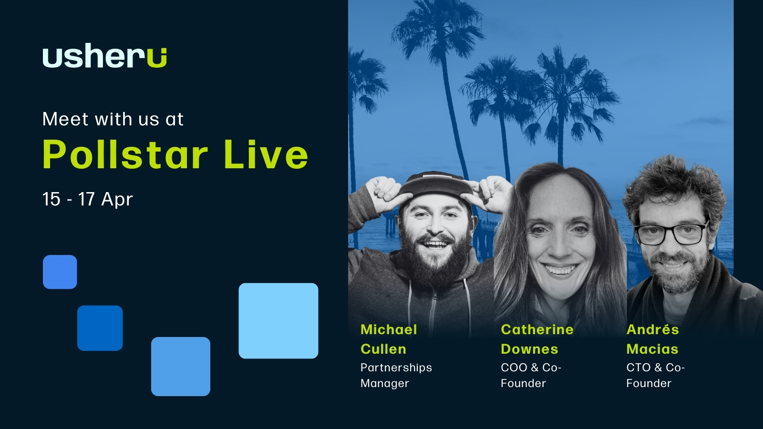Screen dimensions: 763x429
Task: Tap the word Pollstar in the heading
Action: [125, 154]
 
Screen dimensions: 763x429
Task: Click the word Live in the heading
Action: [266, 154]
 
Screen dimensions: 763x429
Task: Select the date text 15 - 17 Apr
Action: [88, 199]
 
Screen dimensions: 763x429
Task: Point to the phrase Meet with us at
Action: [113, 119]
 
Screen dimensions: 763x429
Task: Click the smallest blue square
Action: [60, 272]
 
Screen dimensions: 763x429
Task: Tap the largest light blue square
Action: [278, 321]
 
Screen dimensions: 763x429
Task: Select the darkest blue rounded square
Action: [100, 328]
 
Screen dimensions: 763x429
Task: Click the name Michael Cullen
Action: [389, 339]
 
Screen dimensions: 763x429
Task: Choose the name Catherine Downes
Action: [537, 339]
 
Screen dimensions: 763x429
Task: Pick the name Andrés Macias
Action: [653, 339]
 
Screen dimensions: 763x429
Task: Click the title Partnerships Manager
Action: [396, 375]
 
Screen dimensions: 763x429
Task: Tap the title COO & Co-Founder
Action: [531, 375]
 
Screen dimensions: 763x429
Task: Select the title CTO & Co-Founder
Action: [655, 375]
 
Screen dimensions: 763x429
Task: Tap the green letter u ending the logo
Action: [157, 58]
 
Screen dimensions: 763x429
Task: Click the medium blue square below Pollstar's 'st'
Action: [181, 367]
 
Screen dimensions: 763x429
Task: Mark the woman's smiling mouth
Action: [560, 268]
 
